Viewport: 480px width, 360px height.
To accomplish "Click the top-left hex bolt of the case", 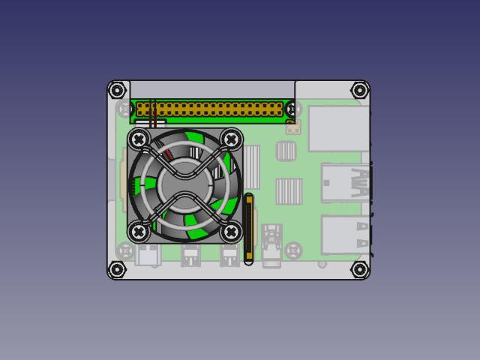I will pyautogui.click(x=117, y=91).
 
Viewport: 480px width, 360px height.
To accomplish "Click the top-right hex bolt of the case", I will pyautogui.click(x=359, y=91).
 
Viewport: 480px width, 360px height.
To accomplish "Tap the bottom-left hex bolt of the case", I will pyautogui.click(x=117, y=269).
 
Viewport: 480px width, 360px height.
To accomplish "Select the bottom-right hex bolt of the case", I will pyautogui.click(x=359, y=269).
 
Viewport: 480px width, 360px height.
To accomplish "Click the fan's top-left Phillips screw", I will pyautogui.click(x=139, y=139).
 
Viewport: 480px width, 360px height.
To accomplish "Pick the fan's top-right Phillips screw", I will pyautogui.click(x=232, y=139).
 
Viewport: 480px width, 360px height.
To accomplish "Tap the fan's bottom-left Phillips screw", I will pyautogui.click(x=139, y=232).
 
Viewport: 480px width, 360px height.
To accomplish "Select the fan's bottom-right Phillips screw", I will pyautogui.click(x=232, y=232).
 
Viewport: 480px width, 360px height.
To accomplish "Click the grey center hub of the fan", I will pyautogui.click(x=184, y=184).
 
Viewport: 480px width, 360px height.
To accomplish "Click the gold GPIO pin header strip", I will pyautogui.click(x=217, y=109).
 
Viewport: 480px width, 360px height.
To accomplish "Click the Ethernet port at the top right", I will pyautogui.click(x=337, y=129).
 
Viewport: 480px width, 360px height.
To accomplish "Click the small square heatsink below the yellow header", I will pyautogui.click(x=286, y=151).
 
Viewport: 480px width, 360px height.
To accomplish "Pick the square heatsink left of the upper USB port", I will pyautogui.click(x=288, y=190).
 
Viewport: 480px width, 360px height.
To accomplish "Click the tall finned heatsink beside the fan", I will pyautogui.click(x=250, y=166).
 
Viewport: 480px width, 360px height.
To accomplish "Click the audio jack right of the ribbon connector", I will pyautogui.click(x=271, y=244).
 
